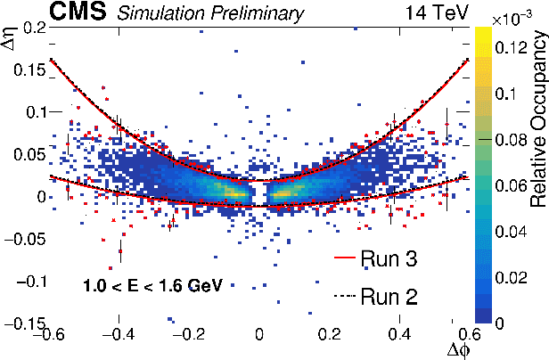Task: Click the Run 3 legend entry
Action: pos(389,259)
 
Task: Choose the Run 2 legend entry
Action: pos(389,295)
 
